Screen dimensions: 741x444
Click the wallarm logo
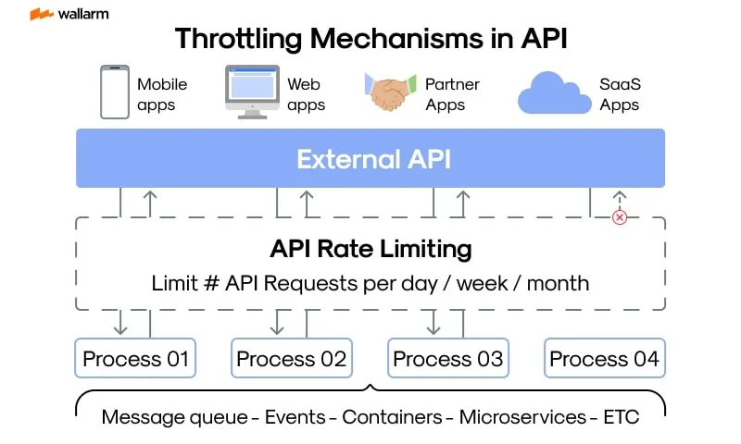[x=69, y=14]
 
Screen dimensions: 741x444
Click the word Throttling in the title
[x=238, y=38]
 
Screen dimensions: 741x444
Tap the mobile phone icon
[x=115, y=92]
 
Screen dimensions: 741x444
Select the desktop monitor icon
[x=252, y=92]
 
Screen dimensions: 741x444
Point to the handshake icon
[x=390, y=92]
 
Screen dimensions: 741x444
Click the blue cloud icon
[x=554, y=92]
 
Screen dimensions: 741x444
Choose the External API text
[x=373, y=159]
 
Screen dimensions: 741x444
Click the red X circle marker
[x=620, y=217]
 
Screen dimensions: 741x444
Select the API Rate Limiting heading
[x=371, y=249]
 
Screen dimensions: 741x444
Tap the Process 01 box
[x=135, y=358]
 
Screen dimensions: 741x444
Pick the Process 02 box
[x=292, y=358]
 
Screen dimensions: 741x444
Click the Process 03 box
[x=448, y=358]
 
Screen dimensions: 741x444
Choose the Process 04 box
[x=605, y=358]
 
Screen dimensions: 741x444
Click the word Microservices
[x=522, y=417]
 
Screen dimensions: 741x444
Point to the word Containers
[x=392, y=417]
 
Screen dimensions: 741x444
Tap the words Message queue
[x=174, y=417]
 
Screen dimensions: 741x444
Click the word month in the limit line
[x=559, y=284]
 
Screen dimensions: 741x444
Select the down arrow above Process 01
[x=120, y=322]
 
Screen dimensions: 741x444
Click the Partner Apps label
[x=452, y=94]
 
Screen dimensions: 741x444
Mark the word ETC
[x=621, y=417]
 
